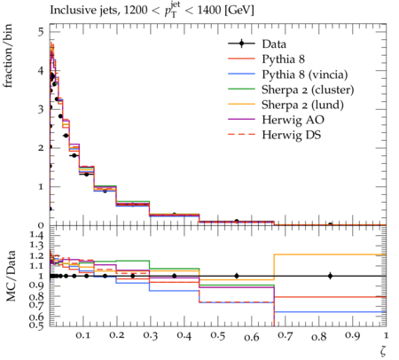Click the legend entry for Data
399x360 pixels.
(274, 44)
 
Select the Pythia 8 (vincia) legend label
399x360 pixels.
(305, 74)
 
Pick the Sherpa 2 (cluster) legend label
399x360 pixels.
(308, 90)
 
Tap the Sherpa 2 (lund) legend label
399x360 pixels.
(302, 105)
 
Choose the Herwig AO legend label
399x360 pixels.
(293, 120)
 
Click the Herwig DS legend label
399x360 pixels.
(292, 135)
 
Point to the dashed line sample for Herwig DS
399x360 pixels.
(241, 135)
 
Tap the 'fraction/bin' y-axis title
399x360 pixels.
(8, 56)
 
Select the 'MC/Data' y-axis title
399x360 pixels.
(11, 276)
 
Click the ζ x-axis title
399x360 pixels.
(383, 351)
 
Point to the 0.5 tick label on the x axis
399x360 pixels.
(218, 335)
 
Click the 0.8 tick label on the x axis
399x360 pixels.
(318, 337)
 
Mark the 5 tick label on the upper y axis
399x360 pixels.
(41, 32)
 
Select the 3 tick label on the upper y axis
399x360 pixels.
(41, 109)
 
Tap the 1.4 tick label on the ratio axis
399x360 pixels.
(36, 236)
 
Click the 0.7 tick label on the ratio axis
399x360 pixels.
(36, 305)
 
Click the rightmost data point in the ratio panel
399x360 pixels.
(330, 276)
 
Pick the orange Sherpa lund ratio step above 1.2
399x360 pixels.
(330, 254)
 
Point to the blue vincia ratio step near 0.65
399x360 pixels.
(330, 311)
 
